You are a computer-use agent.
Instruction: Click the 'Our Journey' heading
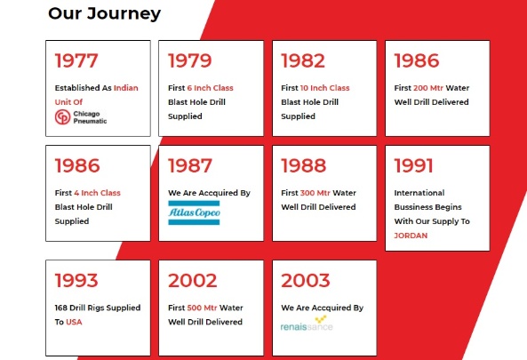click(105, 14)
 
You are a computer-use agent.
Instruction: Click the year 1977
click(76, 60)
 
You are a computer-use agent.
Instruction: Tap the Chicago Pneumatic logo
click(81, 117)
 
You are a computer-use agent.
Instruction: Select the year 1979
click(190, 60)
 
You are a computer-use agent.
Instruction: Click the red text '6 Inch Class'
click(210, 88)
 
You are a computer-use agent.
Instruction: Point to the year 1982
click(303, 60)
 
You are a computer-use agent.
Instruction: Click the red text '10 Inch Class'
click(324, 88)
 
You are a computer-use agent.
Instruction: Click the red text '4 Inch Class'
click(97, 193)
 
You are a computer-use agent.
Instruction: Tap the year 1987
click(190, 165)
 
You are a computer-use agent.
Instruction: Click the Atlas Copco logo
click(194, 212)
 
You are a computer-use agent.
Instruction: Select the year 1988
click(304, 165)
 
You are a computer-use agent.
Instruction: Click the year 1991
click(413, 165)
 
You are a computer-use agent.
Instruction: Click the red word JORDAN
click(411, 236)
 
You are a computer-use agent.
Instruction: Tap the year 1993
click(76, 280)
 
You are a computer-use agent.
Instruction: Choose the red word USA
click(74, 322)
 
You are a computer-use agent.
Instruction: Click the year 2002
click(193, 280)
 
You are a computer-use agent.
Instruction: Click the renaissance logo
click(307, 324)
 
